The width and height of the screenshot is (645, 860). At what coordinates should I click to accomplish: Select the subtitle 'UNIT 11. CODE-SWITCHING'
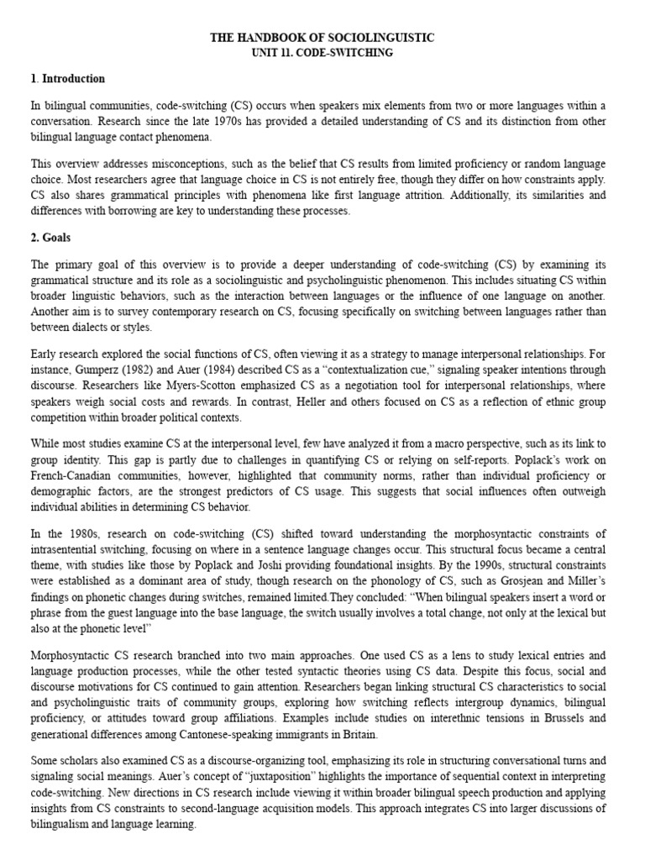click(322, 52)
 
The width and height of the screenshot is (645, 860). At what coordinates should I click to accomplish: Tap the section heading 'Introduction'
click(70, 79)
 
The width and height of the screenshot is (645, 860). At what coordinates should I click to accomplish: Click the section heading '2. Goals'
click(51, 239)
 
